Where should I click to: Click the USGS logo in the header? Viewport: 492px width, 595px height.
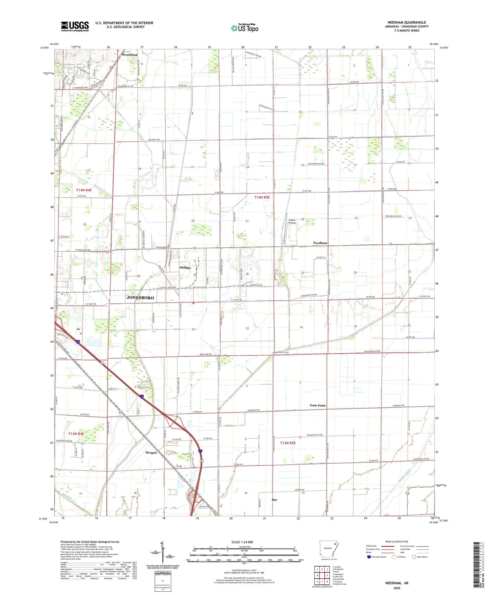pyautogui.click(x=75, y=26)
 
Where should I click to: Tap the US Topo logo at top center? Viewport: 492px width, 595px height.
pyautogui.click(x=245, y=28)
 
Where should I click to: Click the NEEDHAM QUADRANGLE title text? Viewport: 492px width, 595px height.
pyautogui.click(x=406, y=22)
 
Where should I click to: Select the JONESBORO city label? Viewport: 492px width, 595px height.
pyautogui.click(x=140, y=298)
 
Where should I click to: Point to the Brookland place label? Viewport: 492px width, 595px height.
pyautogui.click(x=130, y=54)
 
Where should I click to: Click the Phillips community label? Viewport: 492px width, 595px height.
pyautogui.click(x=185, y=267)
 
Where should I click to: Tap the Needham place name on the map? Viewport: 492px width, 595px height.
pyautogui.click(x=320, y=243)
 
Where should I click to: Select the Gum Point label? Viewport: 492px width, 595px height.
pyautogui.click(x=318, y=405)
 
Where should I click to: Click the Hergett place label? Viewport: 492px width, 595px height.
pyautogui.click(x=151, y=453)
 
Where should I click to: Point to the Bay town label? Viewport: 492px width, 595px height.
pyautogui.click(x=275, y=499)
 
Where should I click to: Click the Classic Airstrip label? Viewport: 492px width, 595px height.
pyautogui.click(x=292, y=222)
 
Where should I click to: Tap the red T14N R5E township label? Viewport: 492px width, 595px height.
pyautogui.click(x=262, y=197)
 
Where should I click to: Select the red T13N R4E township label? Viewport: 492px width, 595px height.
pyautogui.click(x=76, y=434)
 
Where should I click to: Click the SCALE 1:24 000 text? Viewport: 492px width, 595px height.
pyautogui.click(x=242, y=542)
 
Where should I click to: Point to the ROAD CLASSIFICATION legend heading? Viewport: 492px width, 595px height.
pyautogui.click(x=397, y=542)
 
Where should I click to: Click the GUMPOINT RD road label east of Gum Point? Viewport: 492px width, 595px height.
pyautogui.click(x=399, y=406)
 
